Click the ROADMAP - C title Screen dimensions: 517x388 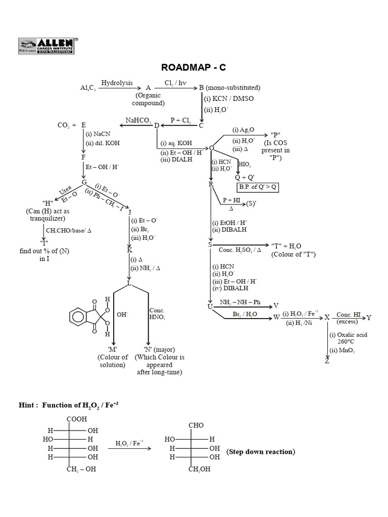[x=193, y=68]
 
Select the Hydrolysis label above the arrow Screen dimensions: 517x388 [x=117, y=82]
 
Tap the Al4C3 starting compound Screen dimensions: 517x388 [x=87, y=88]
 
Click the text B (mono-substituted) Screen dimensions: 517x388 [x=230, y=87]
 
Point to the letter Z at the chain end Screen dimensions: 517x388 [x=327, y=361]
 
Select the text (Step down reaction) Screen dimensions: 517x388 [x=260, y=451]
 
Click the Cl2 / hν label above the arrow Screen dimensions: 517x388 [x=175, y=82]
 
